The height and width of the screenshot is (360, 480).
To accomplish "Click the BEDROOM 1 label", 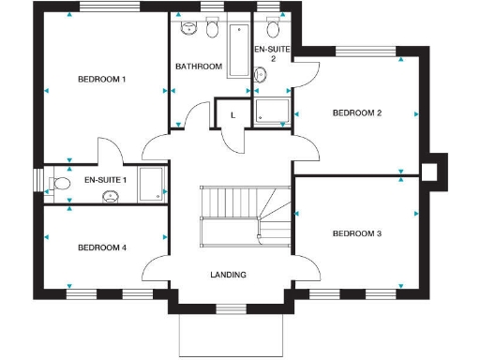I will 101,80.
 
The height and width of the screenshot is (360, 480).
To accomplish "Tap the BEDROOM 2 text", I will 357,113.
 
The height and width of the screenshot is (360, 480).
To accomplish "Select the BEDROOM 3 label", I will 356,232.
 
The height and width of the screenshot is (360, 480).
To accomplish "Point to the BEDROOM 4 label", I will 101,247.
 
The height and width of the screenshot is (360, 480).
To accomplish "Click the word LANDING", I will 228,275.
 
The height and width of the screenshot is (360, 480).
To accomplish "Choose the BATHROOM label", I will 199,67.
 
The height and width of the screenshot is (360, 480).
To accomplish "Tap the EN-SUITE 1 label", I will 104,180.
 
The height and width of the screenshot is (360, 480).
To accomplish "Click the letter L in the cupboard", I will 232,114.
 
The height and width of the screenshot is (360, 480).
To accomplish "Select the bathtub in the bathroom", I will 236,52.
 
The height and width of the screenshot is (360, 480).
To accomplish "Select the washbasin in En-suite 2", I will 273,27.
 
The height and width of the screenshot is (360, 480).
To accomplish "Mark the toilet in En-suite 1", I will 62,184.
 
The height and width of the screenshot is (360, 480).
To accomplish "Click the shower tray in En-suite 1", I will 151,184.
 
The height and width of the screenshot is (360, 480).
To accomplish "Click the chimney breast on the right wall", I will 432,172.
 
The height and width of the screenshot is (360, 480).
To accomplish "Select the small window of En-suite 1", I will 37,179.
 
